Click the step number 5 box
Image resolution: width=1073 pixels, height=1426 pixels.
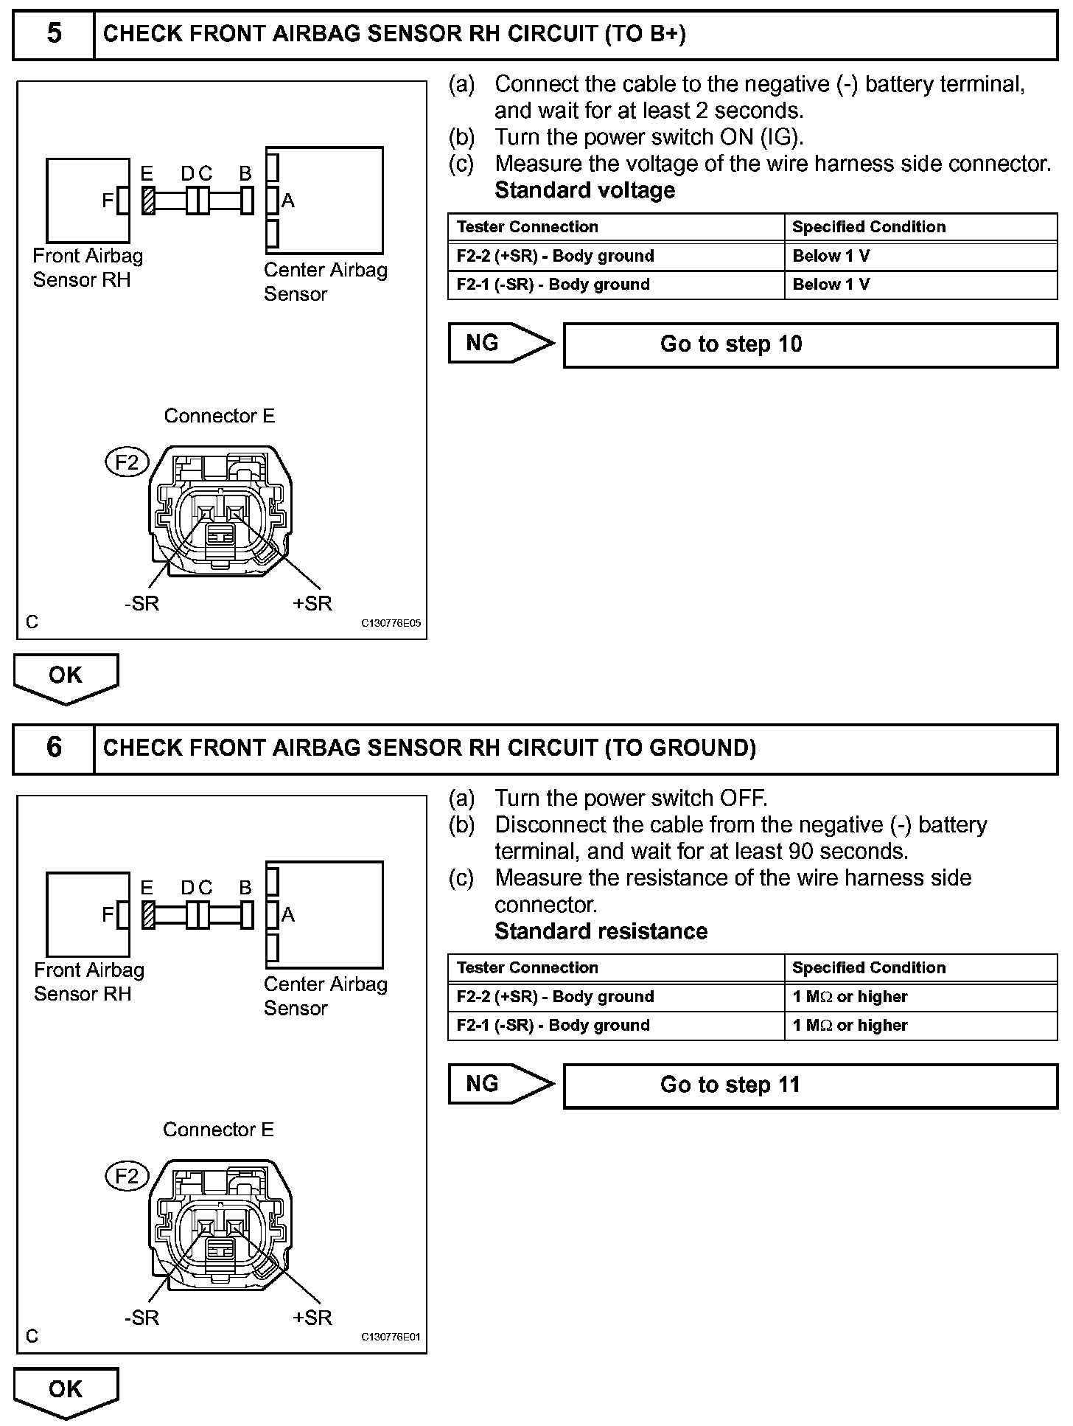click(x=54, y=34)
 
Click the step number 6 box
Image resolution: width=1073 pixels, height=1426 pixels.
click(x=54, y=748)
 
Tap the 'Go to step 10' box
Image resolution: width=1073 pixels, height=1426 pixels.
click(x=810, y=344)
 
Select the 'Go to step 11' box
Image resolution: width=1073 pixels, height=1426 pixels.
click(x=810, y=1085)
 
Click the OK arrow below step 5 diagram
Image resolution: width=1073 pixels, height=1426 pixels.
click(x=66, y=677)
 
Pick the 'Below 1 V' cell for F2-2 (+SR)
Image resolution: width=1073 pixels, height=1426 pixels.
click(x=920, y=256)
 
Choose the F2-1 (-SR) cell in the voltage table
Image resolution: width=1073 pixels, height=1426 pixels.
click(x=616, y=285)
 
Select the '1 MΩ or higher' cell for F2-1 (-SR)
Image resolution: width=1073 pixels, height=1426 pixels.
click(x=920, y=1025)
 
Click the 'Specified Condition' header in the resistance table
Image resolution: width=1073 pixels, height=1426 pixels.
click(x=920, y=967)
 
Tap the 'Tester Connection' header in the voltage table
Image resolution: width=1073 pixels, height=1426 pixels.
click(x=616, y=226)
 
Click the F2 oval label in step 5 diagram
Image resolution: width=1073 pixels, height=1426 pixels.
click(x=127, y=462)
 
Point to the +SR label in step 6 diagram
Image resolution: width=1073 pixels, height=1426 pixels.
click(x=312, y=1317)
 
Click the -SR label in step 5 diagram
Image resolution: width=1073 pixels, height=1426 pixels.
click(x=141, y=603)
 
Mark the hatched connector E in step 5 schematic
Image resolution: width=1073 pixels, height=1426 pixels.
click(x=148, y=200)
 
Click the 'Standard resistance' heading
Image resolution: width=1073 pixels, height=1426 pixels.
click(x=601, y=931)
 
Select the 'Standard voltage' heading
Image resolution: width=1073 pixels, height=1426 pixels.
click(x=584, y=190)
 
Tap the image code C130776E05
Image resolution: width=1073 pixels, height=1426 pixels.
click(x=391, y=623)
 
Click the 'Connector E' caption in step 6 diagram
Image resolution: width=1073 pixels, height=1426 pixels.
click(x=218, y=1130)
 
